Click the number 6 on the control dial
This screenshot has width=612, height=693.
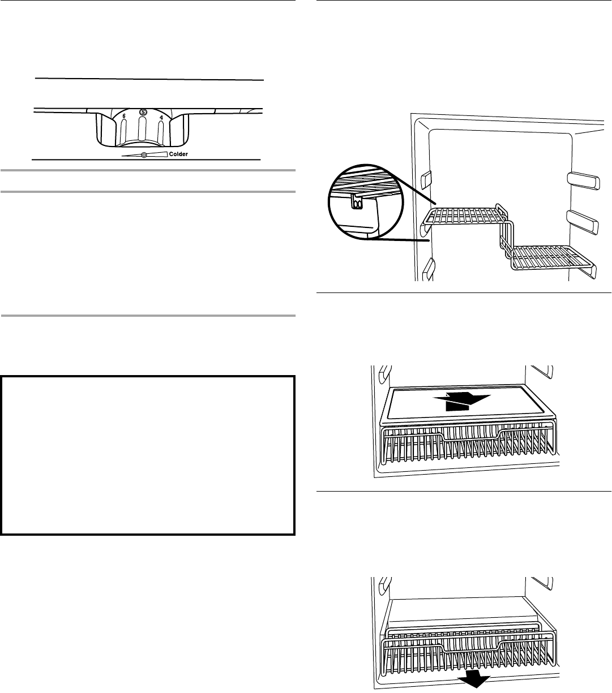point(125,115)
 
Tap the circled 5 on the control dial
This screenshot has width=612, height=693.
point(143,112)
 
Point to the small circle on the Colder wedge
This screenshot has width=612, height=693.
point(144,155)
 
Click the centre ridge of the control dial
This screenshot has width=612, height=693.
point(142,133)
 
